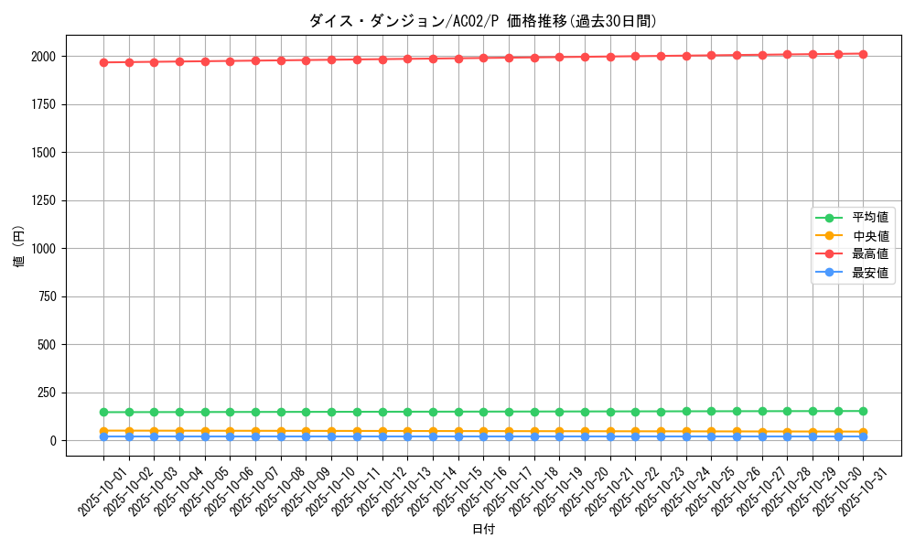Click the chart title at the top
click(483, 21)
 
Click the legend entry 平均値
click(869, 218)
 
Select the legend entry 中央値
click(869, 236)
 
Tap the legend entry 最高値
click(869, 254)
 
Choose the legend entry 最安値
click(869, 273)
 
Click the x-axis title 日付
click(483, 530)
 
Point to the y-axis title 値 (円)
click(18, 247)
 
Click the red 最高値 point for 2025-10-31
click(863, 54)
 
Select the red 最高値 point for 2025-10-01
click(103, 62)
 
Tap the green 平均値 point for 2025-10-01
click(103, 412)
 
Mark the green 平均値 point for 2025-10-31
click(863, 411)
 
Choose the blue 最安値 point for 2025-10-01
click(103, 436)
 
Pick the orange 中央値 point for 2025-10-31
click(863, 432)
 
